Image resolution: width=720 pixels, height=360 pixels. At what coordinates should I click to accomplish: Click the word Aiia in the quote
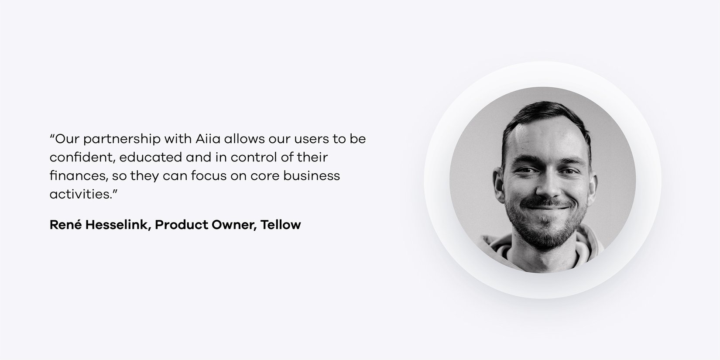tap(208, 139)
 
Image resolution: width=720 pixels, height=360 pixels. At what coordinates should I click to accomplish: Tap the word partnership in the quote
tap(122, 140)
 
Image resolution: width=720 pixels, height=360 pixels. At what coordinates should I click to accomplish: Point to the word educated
tap(151, 157)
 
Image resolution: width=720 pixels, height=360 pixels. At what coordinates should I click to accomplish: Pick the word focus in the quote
tap(209, 175)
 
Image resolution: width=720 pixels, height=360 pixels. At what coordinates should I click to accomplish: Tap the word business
tap(312, 175)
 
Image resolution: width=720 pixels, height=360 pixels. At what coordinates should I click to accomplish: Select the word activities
tap(80, 194)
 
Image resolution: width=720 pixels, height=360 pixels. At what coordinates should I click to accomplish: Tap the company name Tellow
tap(281, 225)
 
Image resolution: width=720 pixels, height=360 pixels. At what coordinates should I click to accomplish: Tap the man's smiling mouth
tap(546, 206)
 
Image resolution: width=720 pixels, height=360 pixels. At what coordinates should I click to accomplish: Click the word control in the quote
tap(253, 157)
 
